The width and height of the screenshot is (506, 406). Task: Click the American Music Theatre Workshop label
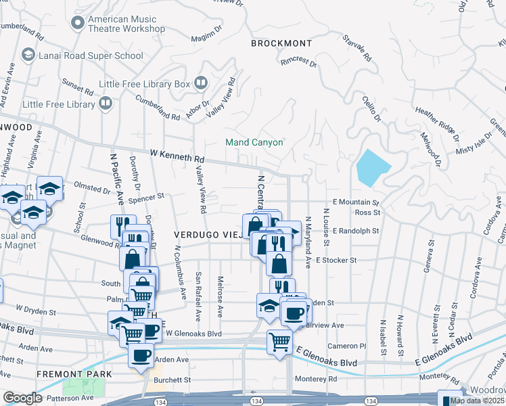click(127, 24)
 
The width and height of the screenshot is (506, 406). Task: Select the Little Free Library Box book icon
click(201, 83)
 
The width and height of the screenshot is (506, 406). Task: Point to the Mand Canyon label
click(254, 143)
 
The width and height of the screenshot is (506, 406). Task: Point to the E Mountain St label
click(356, 202)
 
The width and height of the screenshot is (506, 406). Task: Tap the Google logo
click(22, 398)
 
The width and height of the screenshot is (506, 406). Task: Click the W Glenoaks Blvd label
click(193, 334)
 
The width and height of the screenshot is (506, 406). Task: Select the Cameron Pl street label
click(346, 346)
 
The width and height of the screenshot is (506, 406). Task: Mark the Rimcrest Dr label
click(299, 63)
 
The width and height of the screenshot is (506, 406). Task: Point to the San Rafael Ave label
click(198, 296)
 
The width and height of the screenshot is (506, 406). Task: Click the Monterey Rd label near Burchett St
click(311, 380)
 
